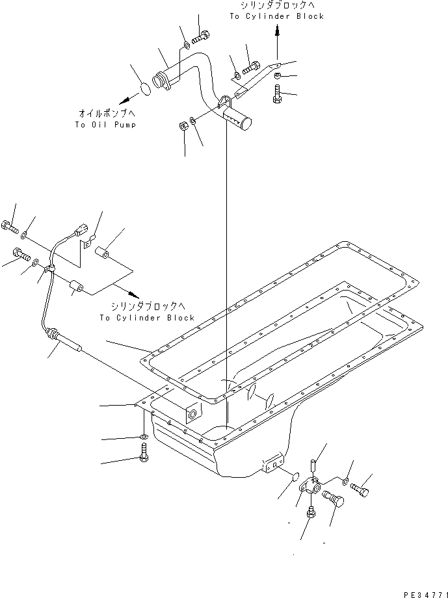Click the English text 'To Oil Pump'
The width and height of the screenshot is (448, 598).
tap(105, 125)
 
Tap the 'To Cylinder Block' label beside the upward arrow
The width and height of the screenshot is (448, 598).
tap(276, 16)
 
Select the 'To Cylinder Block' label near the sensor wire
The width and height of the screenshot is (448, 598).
tap(147, 318)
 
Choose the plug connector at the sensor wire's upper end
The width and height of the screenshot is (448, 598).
tap(81, 228)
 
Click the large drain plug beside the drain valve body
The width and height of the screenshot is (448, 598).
tap(334, 502)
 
